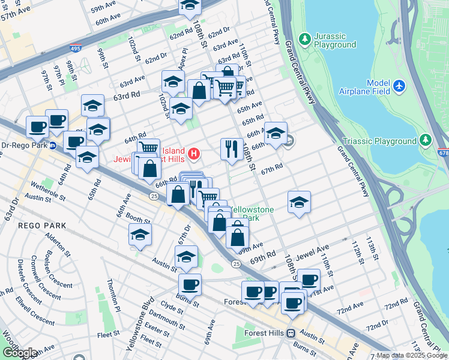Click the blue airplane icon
(401, 87)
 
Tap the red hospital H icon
(194, 154)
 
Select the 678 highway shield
(443, 154)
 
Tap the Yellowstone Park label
(252, 214)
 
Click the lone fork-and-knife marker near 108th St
(232, 148)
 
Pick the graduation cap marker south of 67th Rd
(298, 203)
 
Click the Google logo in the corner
(19, 353)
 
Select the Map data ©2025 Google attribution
(412, 355)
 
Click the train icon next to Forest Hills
(291, 333)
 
